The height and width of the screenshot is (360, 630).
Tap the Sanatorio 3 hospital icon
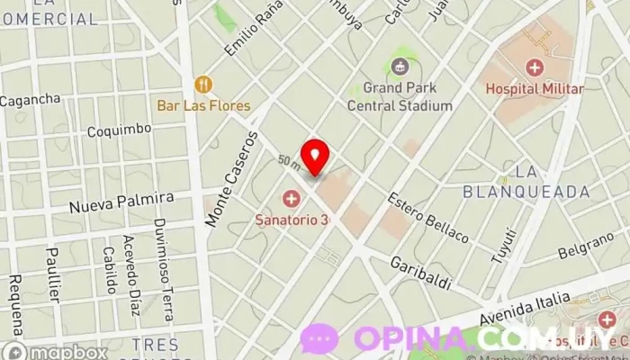coord(291,198)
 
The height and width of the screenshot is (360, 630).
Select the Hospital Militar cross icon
coord(535,67)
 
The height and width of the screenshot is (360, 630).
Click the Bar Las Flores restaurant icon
coord(203,85)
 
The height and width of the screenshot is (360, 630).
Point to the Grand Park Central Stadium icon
coord(399,66)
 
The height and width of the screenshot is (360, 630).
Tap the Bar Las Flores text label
coord(203,105)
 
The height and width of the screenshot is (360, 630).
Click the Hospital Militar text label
coord(535,88)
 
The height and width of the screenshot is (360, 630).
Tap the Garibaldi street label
coord(420,273)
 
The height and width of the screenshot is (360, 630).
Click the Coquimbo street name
coord(119,130)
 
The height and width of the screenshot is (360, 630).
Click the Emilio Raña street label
coord(249,30)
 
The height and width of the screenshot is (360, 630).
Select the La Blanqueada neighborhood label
coord(526,181)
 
